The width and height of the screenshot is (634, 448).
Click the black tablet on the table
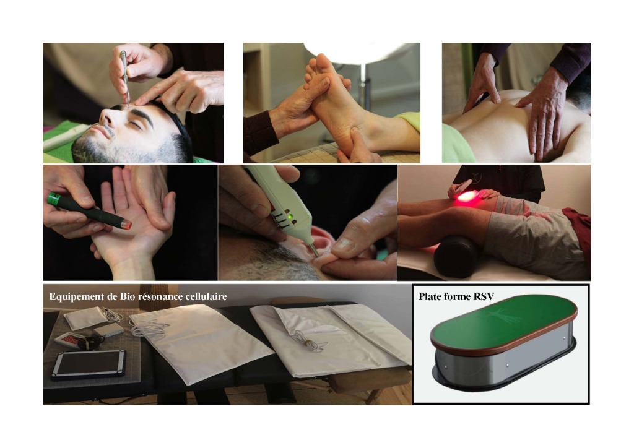click(x=89, y=364)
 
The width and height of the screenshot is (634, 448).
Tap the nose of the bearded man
click(x=106, y=118)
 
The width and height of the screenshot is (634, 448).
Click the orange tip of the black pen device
click(x=127, y=223)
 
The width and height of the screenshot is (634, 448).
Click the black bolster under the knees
click(x=457, y=257)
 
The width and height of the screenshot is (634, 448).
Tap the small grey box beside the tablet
click(x=108, y=330)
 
